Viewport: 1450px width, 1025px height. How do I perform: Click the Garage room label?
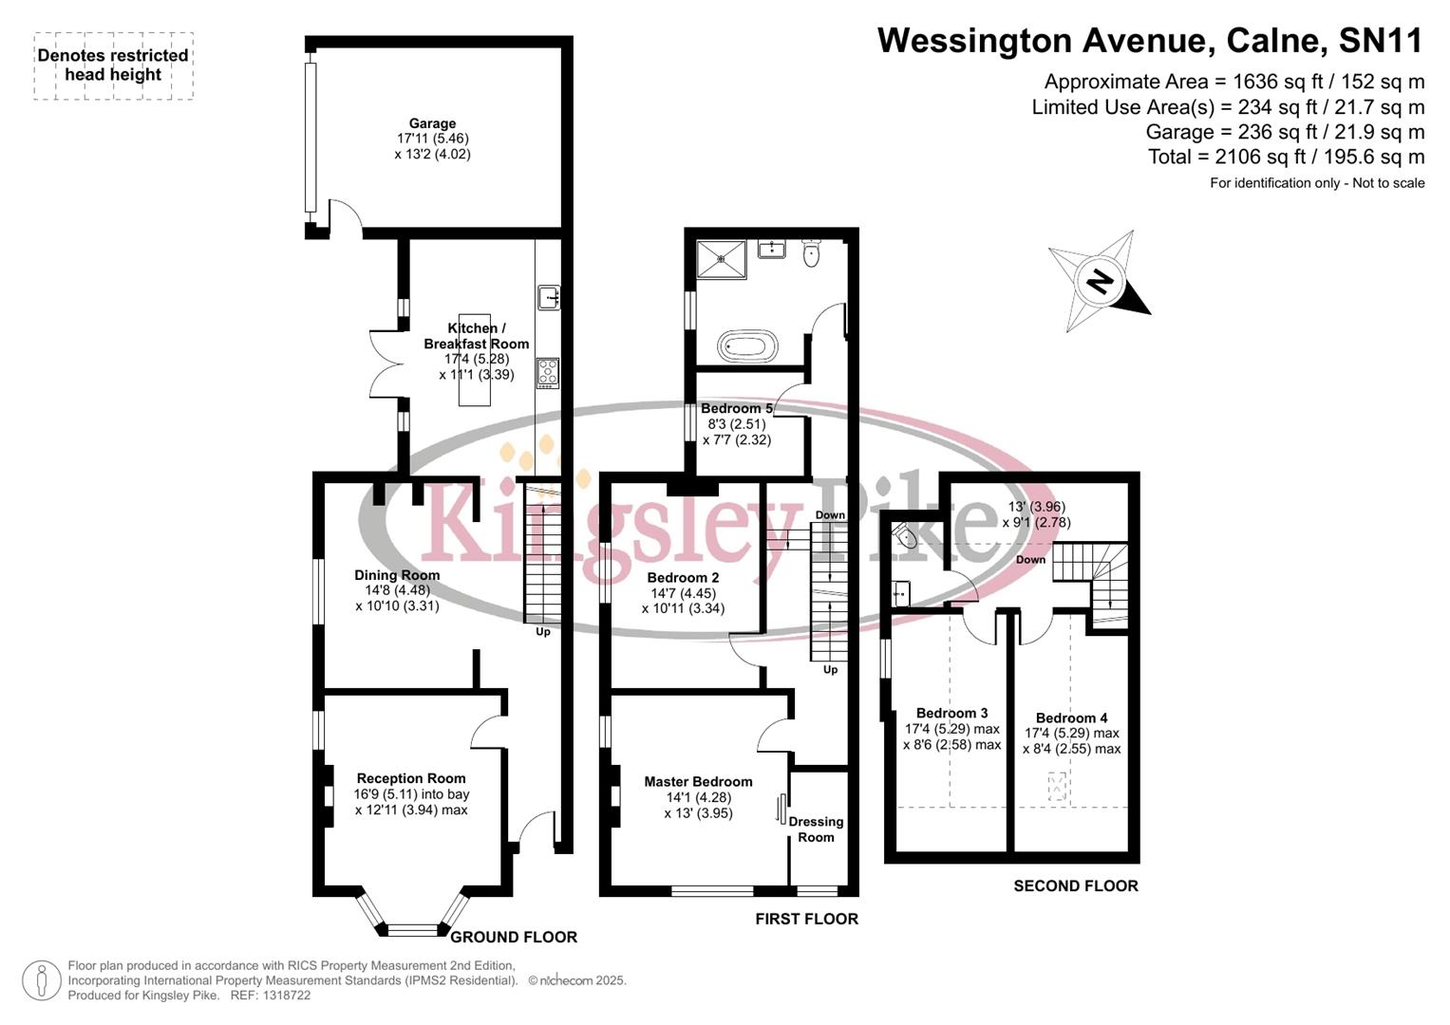(x=432, y=123)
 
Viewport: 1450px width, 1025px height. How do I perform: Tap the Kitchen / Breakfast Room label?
(x=477, y=336)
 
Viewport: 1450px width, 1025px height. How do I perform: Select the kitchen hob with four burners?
(x=548, y=372)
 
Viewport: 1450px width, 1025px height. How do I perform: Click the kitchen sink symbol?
(x=549, y=298)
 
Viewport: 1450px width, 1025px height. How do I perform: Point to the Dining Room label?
(x=397, y=575)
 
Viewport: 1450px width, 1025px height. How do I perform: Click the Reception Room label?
(x=411, y=778)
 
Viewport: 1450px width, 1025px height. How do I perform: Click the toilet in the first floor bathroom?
(x=811, y=253)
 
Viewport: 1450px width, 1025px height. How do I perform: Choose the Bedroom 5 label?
(x=737, y=409)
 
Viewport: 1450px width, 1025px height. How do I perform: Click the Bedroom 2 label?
(x=683, y=578)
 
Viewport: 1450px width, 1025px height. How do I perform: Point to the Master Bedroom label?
(x=698, y=782)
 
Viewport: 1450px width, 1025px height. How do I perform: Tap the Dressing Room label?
(x=816, y=829)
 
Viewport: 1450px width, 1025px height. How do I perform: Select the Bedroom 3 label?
(x=951, y=714)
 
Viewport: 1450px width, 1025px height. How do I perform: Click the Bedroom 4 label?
(x=1071, y=718)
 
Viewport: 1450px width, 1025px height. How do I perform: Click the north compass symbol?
(x=1101, y=281)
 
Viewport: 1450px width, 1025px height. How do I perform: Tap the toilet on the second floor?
(x=906, y=537)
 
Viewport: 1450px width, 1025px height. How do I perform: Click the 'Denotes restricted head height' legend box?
(x=113, y=65)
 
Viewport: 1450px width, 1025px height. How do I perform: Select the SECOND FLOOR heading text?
(x=1075, y=886)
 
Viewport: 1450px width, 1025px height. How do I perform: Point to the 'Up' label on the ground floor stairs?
(x=542, y=632)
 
